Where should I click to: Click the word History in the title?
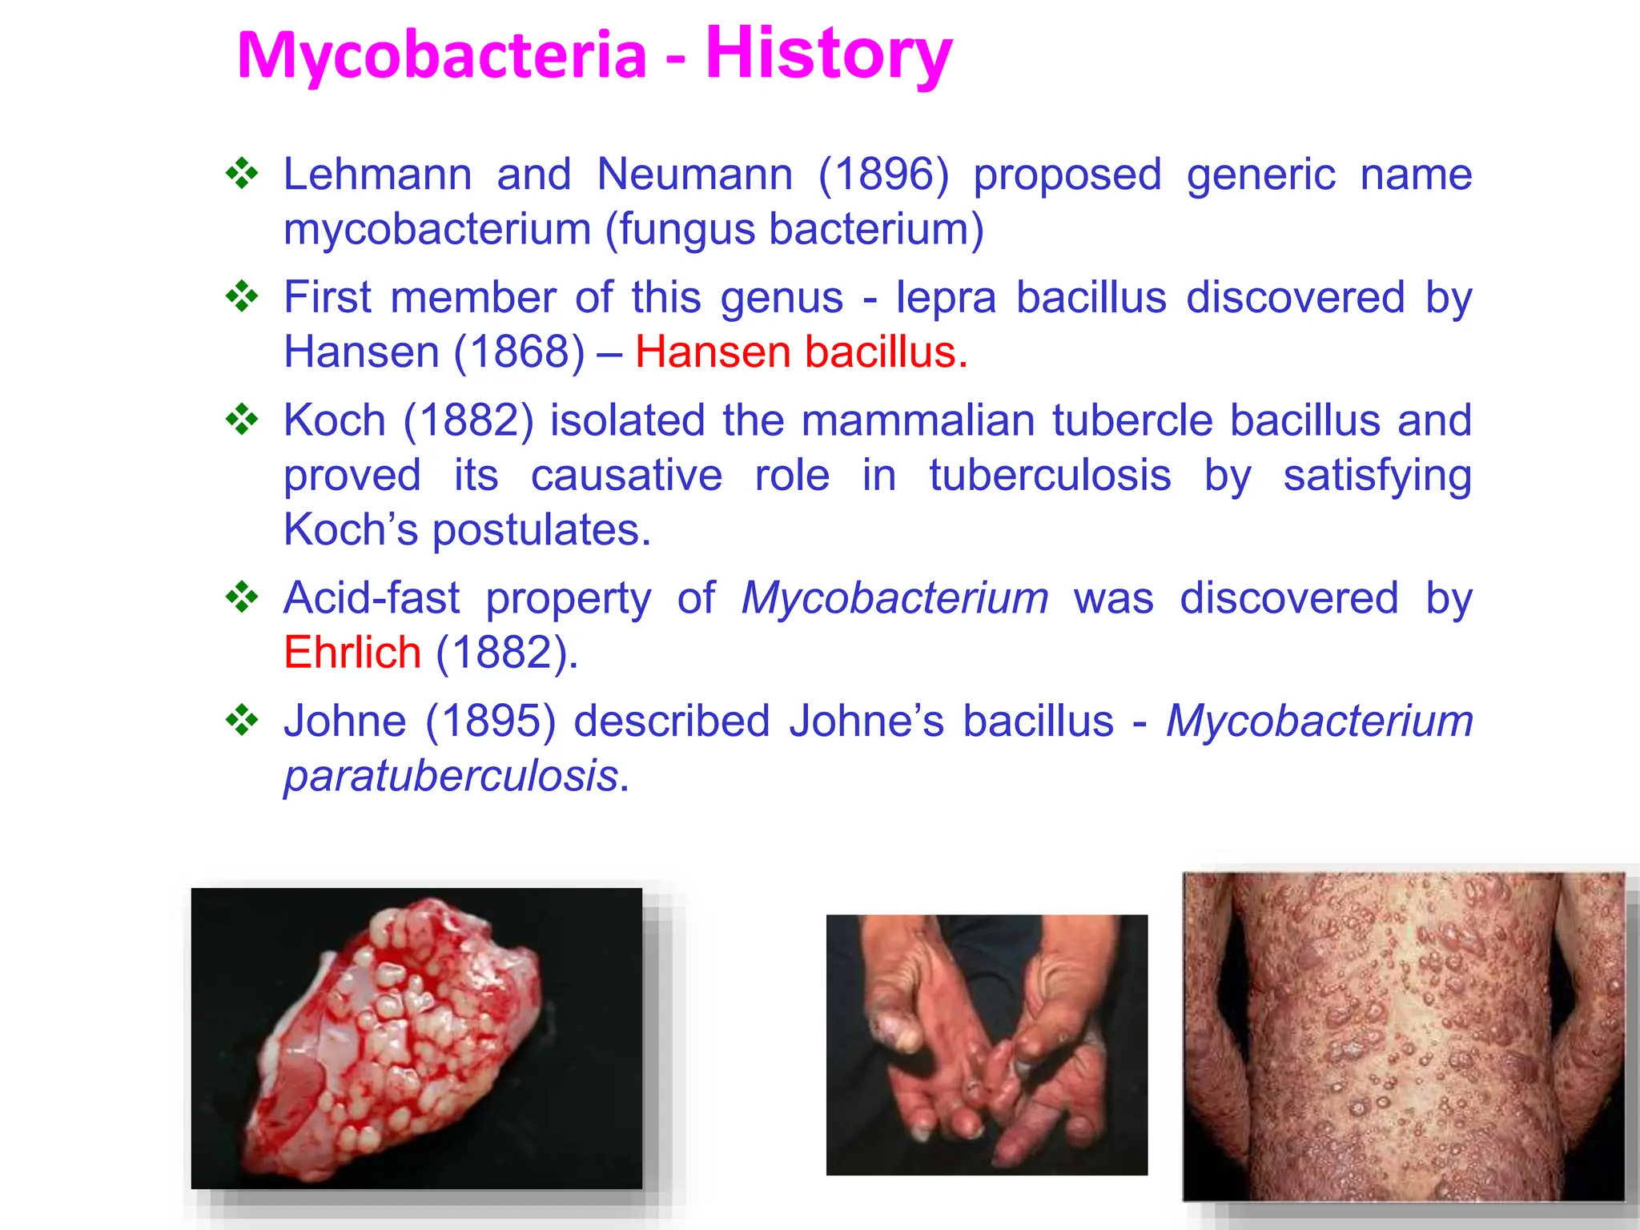click(828, 54)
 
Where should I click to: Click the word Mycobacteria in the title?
click(441, 56)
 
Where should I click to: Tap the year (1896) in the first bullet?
click(883, 175)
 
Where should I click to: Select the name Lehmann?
click(377, 175)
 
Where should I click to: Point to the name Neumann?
click(694, 175)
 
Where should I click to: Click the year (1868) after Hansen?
click(519, 352)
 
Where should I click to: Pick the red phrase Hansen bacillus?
click(801, 352)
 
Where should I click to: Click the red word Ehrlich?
click(352, 653)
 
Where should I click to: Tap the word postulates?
click(541, 530)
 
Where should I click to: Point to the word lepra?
click(946, 298)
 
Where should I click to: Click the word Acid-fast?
click(372, 598)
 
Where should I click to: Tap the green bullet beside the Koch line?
click(242, 420)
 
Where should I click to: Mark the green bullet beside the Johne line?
click(242, 720)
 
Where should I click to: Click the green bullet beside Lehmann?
click(242, 174)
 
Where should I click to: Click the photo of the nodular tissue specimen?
click(416, 1038)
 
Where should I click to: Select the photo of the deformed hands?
click(987, 1045)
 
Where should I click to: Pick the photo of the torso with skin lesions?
click(1404, 1036)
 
